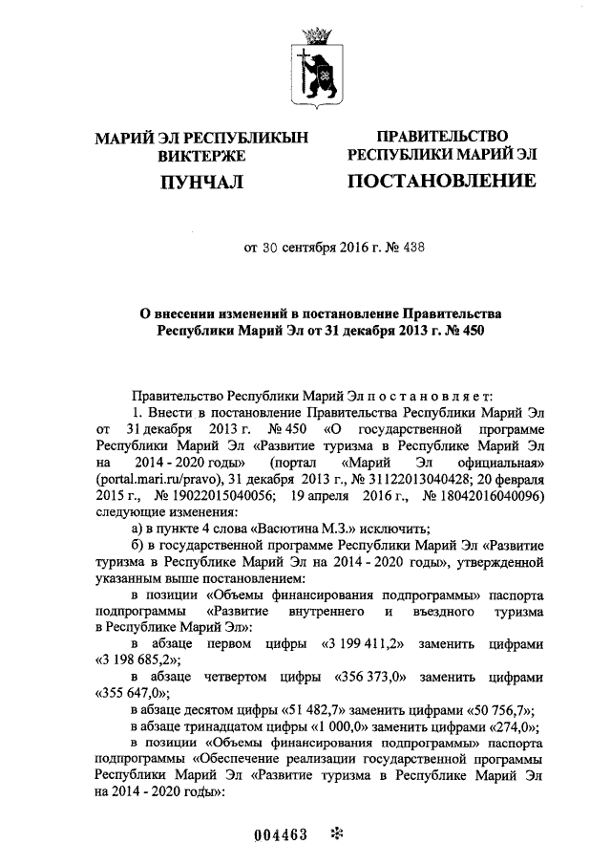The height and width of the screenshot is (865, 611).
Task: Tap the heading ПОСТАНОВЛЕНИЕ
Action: coord(441,181)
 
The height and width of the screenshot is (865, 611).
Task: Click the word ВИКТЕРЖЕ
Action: coord(202,155)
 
